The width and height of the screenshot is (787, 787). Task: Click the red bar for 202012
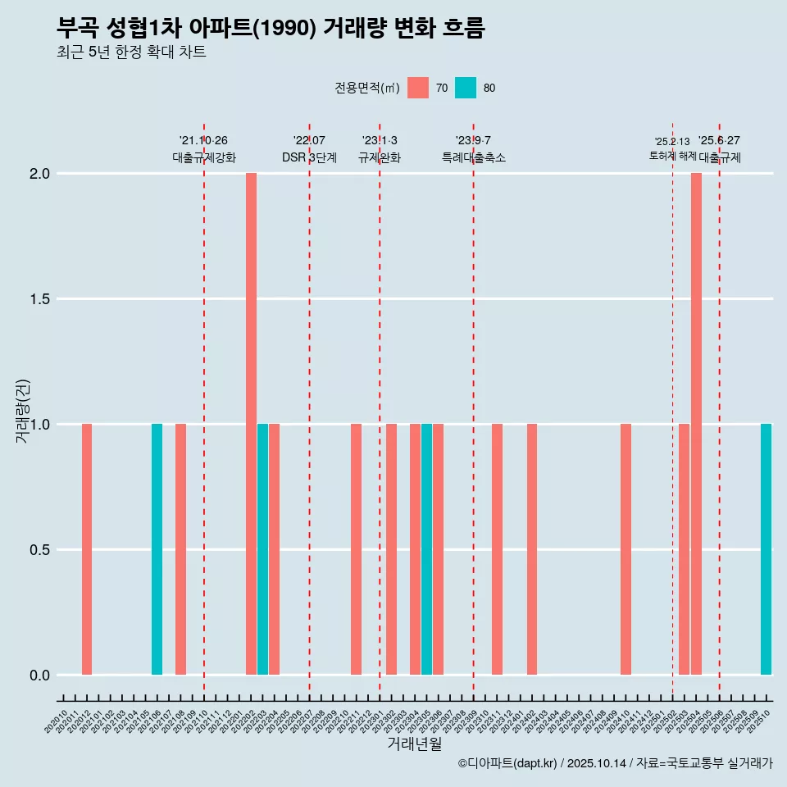point(87,549)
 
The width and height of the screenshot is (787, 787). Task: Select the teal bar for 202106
point(157,549)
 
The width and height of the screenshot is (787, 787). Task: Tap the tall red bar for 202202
point(251,424)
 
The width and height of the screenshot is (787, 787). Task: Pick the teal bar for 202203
point(262,549)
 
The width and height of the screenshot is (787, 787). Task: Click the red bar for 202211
point(356,549)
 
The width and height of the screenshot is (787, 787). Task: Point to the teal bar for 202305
point(426,549)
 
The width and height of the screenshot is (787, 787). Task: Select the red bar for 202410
point(626,549)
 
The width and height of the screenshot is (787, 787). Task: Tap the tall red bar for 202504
point(696,424)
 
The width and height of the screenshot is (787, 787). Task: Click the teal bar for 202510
point(766,549)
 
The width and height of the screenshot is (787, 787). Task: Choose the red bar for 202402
point(532,549)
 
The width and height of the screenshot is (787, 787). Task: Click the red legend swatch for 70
point(418,88)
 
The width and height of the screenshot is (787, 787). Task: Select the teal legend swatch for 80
point(466,88)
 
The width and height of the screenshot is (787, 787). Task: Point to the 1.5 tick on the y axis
point(39,299)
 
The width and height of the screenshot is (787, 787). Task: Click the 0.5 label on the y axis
point(39,550)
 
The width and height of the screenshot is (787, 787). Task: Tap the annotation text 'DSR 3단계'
point(309,157)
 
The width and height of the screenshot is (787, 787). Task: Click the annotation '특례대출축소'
point(473,157)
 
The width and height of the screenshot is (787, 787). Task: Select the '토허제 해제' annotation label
point(672,155)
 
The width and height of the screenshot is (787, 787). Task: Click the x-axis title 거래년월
point(414,744)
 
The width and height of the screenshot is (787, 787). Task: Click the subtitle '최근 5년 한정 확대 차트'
point(131,52)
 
